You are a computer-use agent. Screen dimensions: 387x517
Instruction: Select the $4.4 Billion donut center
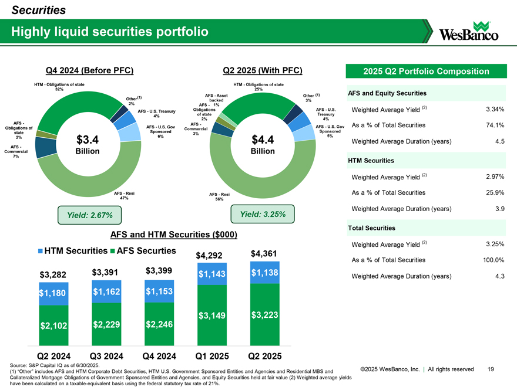tap(263, 144)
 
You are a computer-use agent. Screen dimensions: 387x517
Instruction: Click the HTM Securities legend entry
tap(70, 251)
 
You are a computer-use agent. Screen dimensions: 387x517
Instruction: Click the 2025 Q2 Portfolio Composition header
tap(426, 72)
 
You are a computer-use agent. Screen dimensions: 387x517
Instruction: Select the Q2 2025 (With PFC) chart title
tap(263, 71)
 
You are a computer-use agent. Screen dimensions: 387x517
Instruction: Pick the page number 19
tap(491, 369)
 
